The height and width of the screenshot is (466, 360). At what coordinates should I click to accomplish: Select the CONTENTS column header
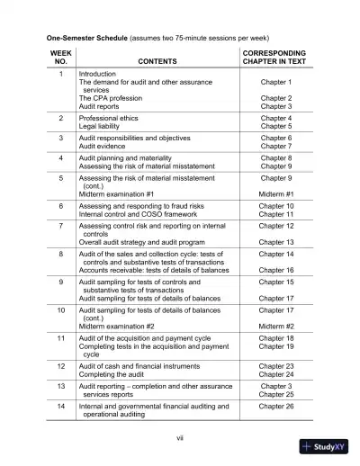157,61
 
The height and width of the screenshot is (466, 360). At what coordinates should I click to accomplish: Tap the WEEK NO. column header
60,57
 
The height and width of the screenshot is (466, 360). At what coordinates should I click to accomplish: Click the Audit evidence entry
106,146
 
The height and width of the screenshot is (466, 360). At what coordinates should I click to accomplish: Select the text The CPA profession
115,98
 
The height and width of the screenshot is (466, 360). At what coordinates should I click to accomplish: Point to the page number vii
180,438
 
